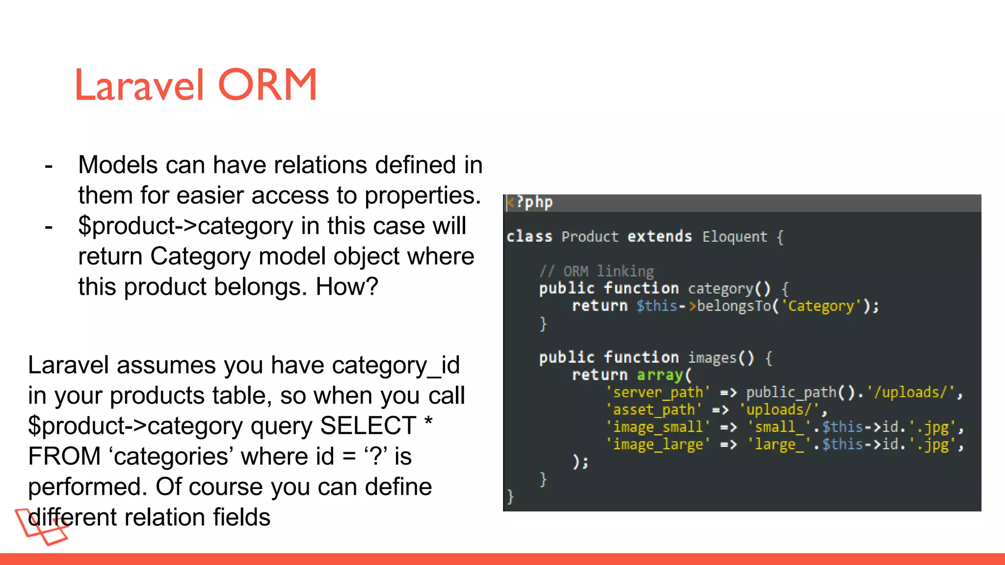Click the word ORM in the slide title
tap(267, 85)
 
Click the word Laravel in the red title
tap(139, 85)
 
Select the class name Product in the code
tap(589, 237)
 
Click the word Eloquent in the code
tap(734, 237)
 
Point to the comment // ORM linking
tap(596, 271)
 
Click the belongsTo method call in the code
tap(734, 306)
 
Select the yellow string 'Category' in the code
tap(821, 306)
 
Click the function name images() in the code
tap(720, 358)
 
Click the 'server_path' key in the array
tap(658, 392)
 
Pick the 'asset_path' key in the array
tap(654, 410)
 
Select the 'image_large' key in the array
tap(658, 444)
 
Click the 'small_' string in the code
tap(778, 427)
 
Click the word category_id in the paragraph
tap(396, 365)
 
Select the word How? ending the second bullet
tap(346, 286)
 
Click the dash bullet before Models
tap(48, 166)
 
